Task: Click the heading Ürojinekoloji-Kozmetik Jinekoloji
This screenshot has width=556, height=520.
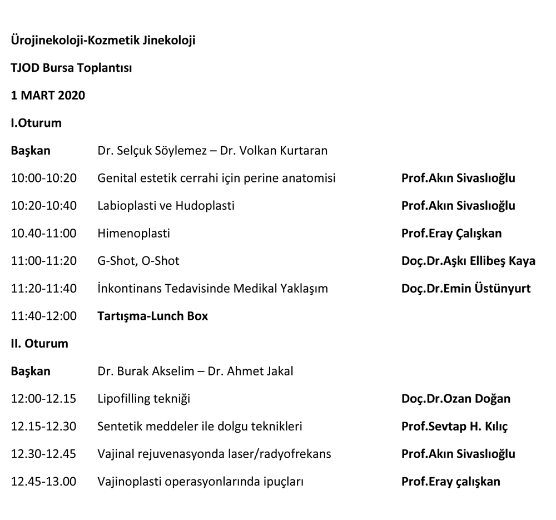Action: (103, 41)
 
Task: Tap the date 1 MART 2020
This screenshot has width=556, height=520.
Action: (48, 96)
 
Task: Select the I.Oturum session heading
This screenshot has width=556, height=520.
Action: (36, 123)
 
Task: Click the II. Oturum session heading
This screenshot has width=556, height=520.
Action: (39, 343)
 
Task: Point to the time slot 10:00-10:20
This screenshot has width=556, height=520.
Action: (44, 179)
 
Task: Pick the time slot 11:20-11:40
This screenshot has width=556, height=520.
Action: (44, 288)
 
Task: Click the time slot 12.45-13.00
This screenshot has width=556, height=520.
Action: (44, 481)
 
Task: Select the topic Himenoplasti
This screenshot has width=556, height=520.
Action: (133, 234)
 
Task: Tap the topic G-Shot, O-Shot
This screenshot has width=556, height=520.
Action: (138, 261)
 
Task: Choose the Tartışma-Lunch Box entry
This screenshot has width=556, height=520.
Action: (152, 316)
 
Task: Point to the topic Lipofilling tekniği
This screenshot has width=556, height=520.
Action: (143, 398)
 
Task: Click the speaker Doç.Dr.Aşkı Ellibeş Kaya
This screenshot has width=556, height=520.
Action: (468, 261)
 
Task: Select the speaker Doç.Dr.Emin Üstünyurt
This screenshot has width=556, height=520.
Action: (466, 288)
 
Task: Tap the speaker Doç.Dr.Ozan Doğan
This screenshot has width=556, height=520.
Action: (455, 398)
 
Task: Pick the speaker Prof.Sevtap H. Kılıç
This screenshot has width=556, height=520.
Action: (454, 426)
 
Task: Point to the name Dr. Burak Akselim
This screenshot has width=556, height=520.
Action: (146, 371)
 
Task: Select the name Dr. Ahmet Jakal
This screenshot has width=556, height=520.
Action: (250, 371)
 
